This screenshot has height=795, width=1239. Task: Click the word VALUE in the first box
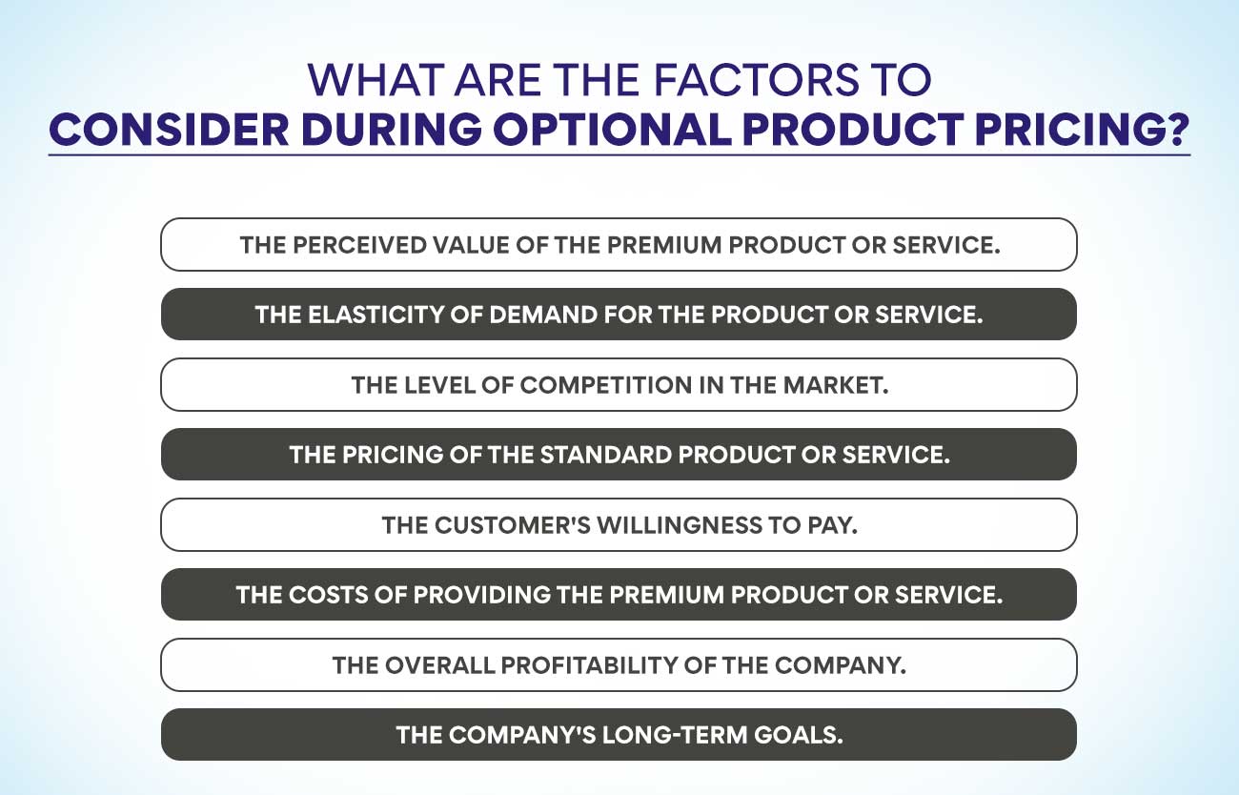(464, 245)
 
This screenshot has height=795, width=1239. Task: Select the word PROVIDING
(451, 595)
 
